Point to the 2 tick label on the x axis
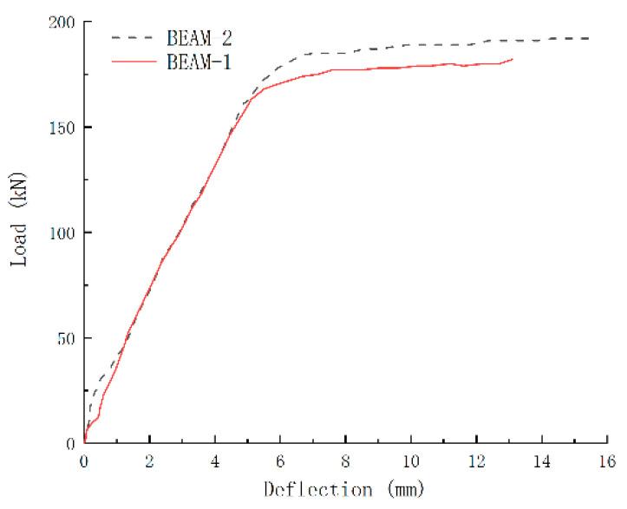point(149,460)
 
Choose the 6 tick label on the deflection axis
point(280,460)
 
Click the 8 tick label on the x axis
point(346,460)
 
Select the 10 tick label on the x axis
point(411,460)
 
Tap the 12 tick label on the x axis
point(476,460)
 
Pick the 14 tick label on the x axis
point(542,460)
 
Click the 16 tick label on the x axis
point(607,460)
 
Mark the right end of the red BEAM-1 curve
point(513,59)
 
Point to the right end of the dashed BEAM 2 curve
point(590,38)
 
